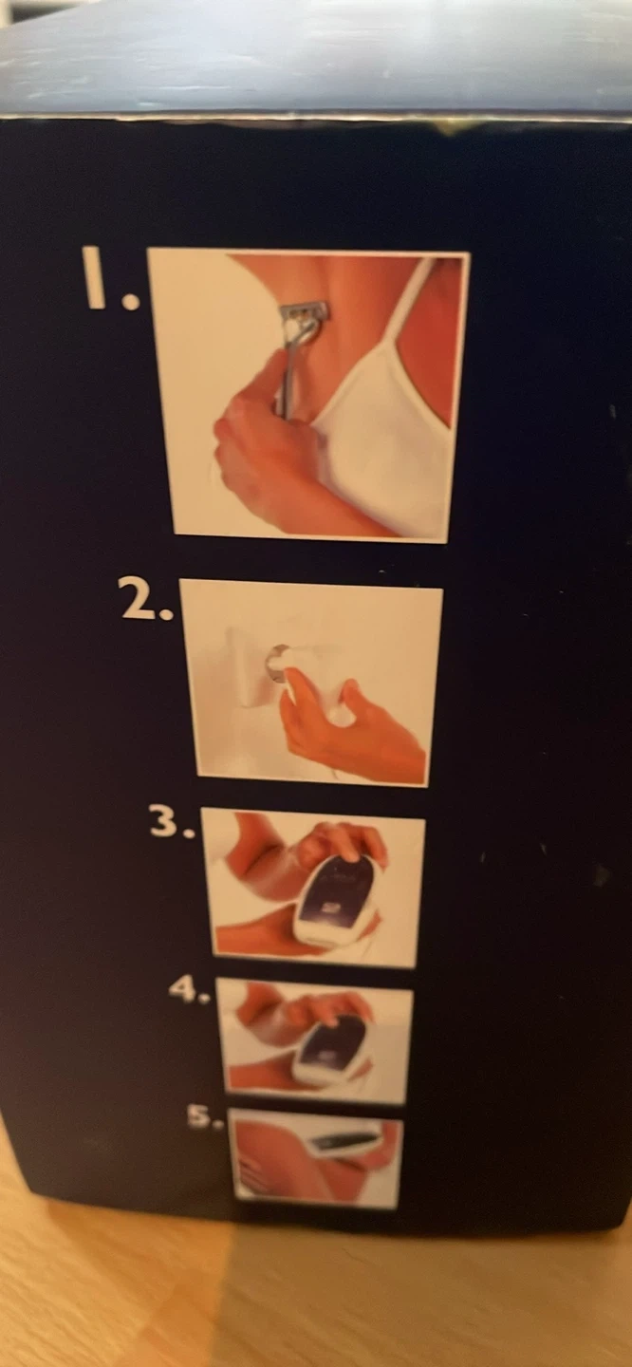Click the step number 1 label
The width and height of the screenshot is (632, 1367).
tap(110, 278)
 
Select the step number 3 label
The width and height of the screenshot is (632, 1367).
tap(172, 822)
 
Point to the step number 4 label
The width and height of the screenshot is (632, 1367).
tap(189, 990)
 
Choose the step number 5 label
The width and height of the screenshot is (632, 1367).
tap(204, 1116)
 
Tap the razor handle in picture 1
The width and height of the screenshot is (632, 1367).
tap(287, 373)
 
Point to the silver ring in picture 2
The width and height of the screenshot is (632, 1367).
tap(276, 659)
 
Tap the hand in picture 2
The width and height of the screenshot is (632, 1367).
tap(347, 726)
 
